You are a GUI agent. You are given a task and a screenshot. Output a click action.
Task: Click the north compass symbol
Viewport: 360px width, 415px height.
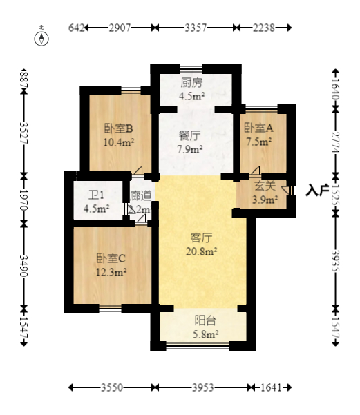(x=43, y=37)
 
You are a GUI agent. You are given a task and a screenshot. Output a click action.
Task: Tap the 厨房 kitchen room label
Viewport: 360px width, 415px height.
(x=191, y=83)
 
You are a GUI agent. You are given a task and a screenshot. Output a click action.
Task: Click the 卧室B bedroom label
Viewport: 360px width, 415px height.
(x=118, y=128)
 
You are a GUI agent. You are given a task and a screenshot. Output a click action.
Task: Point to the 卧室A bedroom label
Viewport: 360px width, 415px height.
(x=258, y=128)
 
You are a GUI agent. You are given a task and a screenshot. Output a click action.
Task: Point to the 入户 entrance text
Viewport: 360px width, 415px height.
(x=317, y=190)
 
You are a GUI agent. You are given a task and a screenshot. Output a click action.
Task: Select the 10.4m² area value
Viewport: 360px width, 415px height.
(x=118, y=142)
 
